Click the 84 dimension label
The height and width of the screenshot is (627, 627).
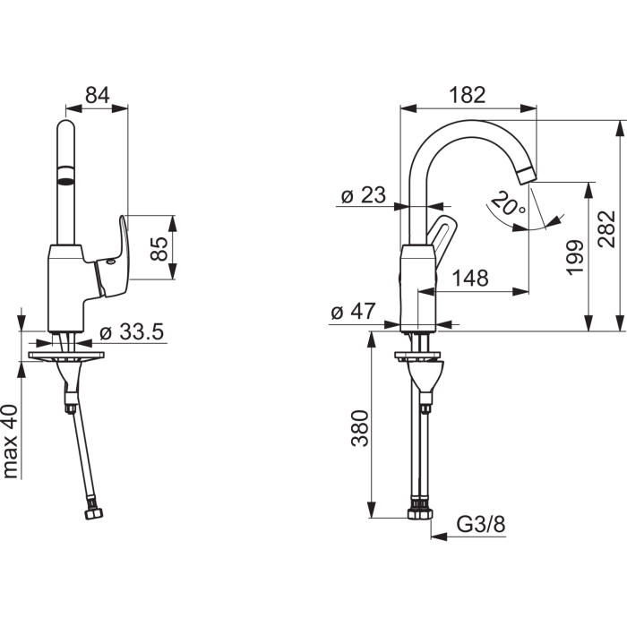(97, 95)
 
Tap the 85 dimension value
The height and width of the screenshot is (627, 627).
(159, 249)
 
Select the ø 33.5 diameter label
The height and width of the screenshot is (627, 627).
(132, 332)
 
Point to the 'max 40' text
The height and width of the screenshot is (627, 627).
(11, 442)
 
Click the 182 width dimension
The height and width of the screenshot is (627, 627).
(467, 95)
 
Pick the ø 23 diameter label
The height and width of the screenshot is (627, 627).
(364, 195)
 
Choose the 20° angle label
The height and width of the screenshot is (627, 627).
(508, 203)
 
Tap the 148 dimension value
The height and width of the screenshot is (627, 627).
(470, 278)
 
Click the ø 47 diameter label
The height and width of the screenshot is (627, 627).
(354, 311)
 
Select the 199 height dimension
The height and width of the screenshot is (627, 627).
(575, 257)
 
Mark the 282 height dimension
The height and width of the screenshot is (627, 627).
(606, 229)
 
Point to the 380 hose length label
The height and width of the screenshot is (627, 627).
(359, 428)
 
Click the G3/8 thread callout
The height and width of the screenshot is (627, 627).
(481, 524)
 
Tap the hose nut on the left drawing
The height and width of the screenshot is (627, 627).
(94, 513)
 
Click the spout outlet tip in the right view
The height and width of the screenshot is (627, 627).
(526, 176)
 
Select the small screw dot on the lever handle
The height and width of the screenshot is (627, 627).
(111, 262)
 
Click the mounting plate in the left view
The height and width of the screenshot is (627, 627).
(66, 355)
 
